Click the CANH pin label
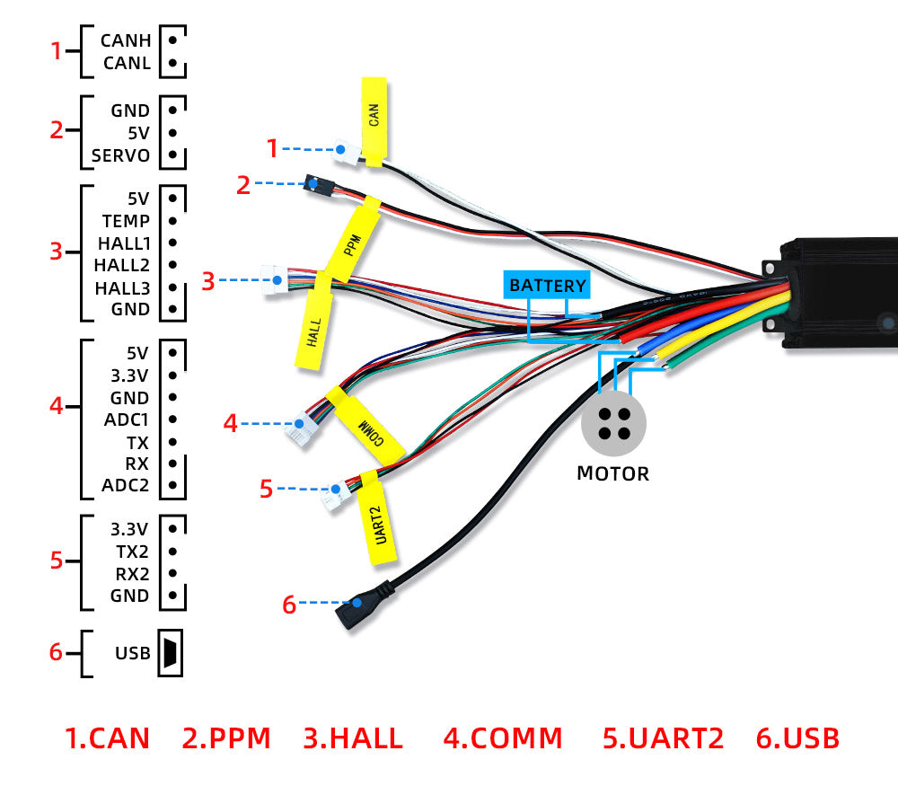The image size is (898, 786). coord(126,40)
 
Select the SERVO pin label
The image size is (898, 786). coord(120,155)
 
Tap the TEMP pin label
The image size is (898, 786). coord(126,220)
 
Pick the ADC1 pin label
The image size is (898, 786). coord(126,419)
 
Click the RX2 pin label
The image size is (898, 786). coord(131,573)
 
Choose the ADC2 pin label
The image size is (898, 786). coord(126,486)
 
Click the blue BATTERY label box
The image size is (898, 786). coord(547,286)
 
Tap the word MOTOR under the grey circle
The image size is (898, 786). coord(612,473)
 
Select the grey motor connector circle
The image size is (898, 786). coord(613,424)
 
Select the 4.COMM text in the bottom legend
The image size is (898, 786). coord(503,738)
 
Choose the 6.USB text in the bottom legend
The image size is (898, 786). coord(797,738)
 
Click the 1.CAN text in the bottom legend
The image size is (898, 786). coord(108,738)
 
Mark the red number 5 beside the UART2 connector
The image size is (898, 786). coord(266,489)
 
